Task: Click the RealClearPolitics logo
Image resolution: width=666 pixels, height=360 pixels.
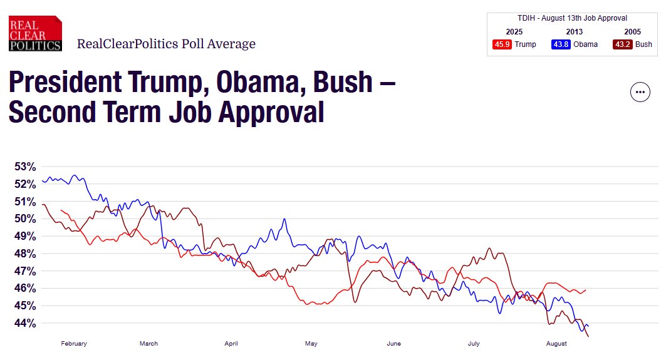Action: click(x=35, y=34)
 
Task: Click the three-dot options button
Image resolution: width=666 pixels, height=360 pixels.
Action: click(x=640, y=92)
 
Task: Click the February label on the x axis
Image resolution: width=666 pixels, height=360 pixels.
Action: click(x=74, y=344)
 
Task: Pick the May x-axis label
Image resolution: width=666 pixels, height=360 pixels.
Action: click(x=311, y=344)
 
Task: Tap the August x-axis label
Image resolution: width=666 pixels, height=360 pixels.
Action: click(x=556, y=344)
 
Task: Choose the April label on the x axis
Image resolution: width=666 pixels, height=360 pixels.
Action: click(x=231, y=344)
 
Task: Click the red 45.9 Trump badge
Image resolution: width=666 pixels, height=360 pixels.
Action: click(x=502, y=44)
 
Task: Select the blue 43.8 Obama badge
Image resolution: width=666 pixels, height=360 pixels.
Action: click(x=561, y=44)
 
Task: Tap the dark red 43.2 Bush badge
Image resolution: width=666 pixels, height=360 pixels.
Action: click(x=622, y=44)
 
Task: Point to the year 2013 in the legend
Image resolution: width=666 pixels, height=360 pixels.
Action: click(x=574, y=32)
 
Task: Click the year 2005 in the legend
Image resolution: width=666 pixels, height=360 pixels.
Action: click(x=632, y=32)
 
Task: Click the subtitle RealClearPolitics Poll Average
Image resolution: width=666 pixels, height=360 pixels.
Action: click(x=166, y=44)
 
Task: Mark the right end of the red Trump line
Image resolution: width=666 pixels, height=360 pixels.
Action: click(x=585, y=290)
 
